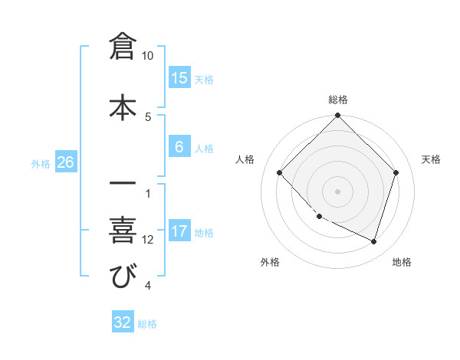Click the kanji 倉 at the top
(123, 46)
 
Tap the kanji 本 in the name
(123, 106)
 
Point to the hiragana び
(123, 276)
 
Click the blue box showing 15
(179, 78)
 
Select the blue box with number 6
(179, 148)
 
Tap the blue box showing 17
(179, 232)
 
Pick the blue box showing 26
(65, 162)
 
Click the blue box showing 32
(123, 322)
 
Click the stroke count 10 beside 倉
(148, 56)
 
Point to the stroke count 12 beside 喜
(148, 240)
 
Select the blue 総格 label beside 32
(147, 324)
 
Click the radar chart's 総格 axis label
(337, 100)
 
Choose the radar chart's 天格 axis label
(431, 159)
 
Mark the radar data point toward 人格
(280, 173)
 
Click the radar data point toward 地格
(373, 242)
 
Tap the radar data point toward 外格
(320, 217)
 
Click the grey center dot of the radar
(337, 191)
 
